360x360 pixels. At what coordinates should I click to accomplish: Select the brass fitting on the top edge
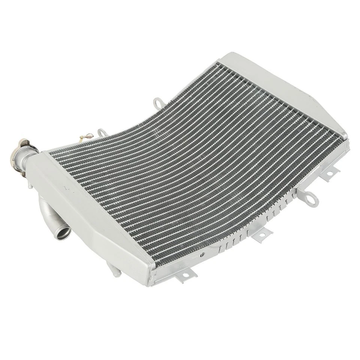(84, 136)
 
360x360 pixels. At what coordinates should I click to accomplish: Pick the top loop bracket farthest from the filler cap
(157, 102)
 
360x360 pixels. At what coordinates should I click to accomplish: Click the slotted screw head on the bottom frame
(202, 255)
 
